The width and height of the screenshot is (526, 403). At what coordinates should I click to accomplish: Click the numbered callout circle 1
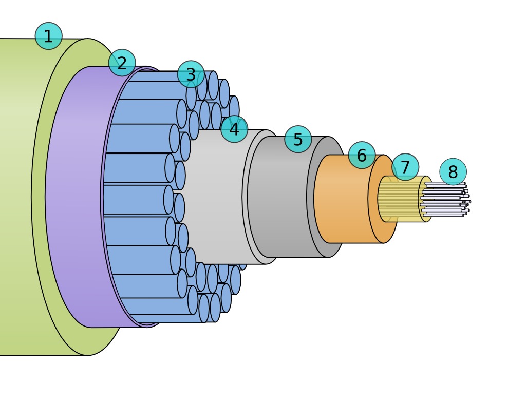click(x=48, y=36)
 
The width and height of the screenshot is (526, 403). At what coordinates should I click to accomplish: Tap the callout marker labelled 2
click(x=122, y=63)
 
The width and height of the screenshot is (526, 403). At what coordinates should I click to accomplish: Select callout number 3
click(x=191, y=74)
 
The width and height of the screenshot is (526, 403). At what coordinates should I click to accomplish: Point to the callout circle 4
click(x=234, y=129)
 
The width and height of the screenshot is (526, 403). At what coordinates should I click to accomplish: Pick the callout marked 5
click(x=298, y=139)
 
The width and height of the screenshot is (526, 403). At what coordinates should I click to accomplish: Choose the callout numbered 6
click(x=362, y=155)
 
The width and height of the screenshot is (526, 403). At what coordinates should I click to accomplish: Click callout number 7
click(x=405, y=167)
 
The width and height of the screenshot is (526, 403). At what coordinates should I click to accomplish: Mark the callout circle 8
click(x=453, y=171)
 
